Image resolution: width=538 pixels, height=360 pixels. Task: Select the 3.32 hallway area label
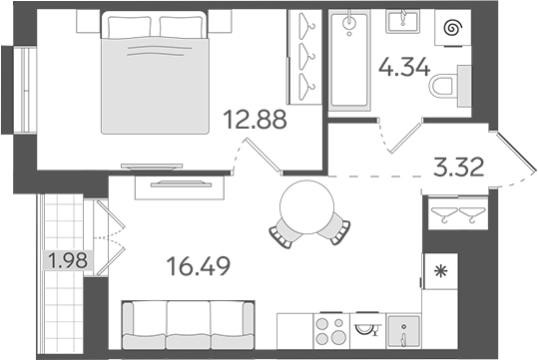pos(460,166)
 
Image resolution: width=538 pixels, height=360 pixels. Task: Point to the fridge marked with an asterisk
pos(436,269)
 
